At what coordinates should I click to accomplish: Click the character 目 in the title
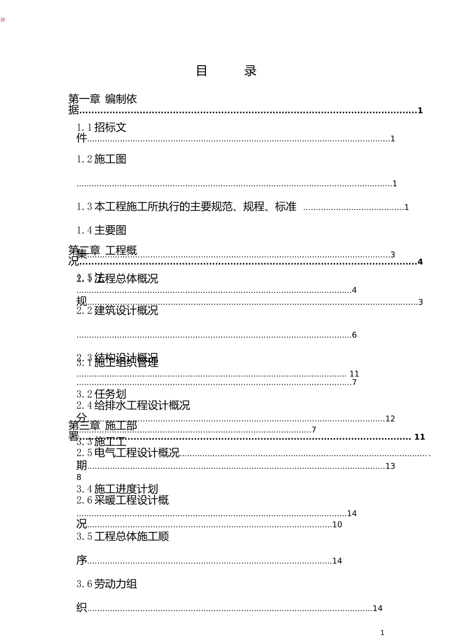pyautogui.click(x=202, y=71)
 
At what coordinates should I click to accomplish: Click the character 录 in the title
pyautogui.click(x=250, y=71)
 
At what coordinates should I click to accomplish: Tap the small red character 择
pyautogui.click(x=3, y=20)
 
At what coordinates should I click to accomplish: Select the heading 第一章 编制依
pyautogui.click(x=103, y=99)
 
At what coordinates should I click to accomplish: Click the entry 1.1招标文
pyautogui.click(x=101, y=127)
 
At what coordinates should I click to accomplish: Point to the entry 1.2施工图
pyautogui.click(x=101, y=159)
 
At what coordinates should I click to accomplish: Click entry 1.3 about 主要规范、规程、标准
pyautogui.click(x=187, y=207)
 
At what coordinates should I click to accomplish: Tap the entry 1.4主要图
pyautogui.click(x=101, y=230)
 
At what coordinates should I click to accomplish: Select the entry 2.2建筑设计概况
pyautogui.click(x=117, y=310)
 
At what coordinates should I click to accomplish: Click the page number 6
pyautogui.click(x=354, y=335)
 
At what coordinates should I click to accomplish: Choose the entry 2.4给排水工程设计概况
pyautogui.click(x=133, y=405)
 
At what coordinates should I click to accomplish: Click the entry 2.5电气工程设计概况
pyautogui.click(x=128, y=453)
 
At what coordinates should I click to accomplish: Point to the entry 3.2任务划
pyautogui.click(x=101, y=394)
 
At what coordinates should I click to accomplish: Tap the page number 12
pyautogui.click(x=390, y=419)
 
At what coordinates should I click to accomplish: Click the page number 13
pyautogui.click(x=390, y=466)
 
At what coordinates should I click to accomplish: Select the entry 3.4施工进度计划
pyautogui.click(x=117, y=489)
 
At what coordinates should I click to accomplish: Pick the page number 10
pyautogui.click(x=337, y=525)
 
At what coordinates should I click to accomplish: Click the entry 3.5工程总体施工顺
pyautogui.click(x=123, y=537)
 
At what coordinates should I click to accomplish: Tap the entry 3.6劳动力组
pyautogui.click(x=107, y=584)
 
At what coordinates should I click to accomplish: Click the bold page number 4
pyautogui.click(x=420, y=262)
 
